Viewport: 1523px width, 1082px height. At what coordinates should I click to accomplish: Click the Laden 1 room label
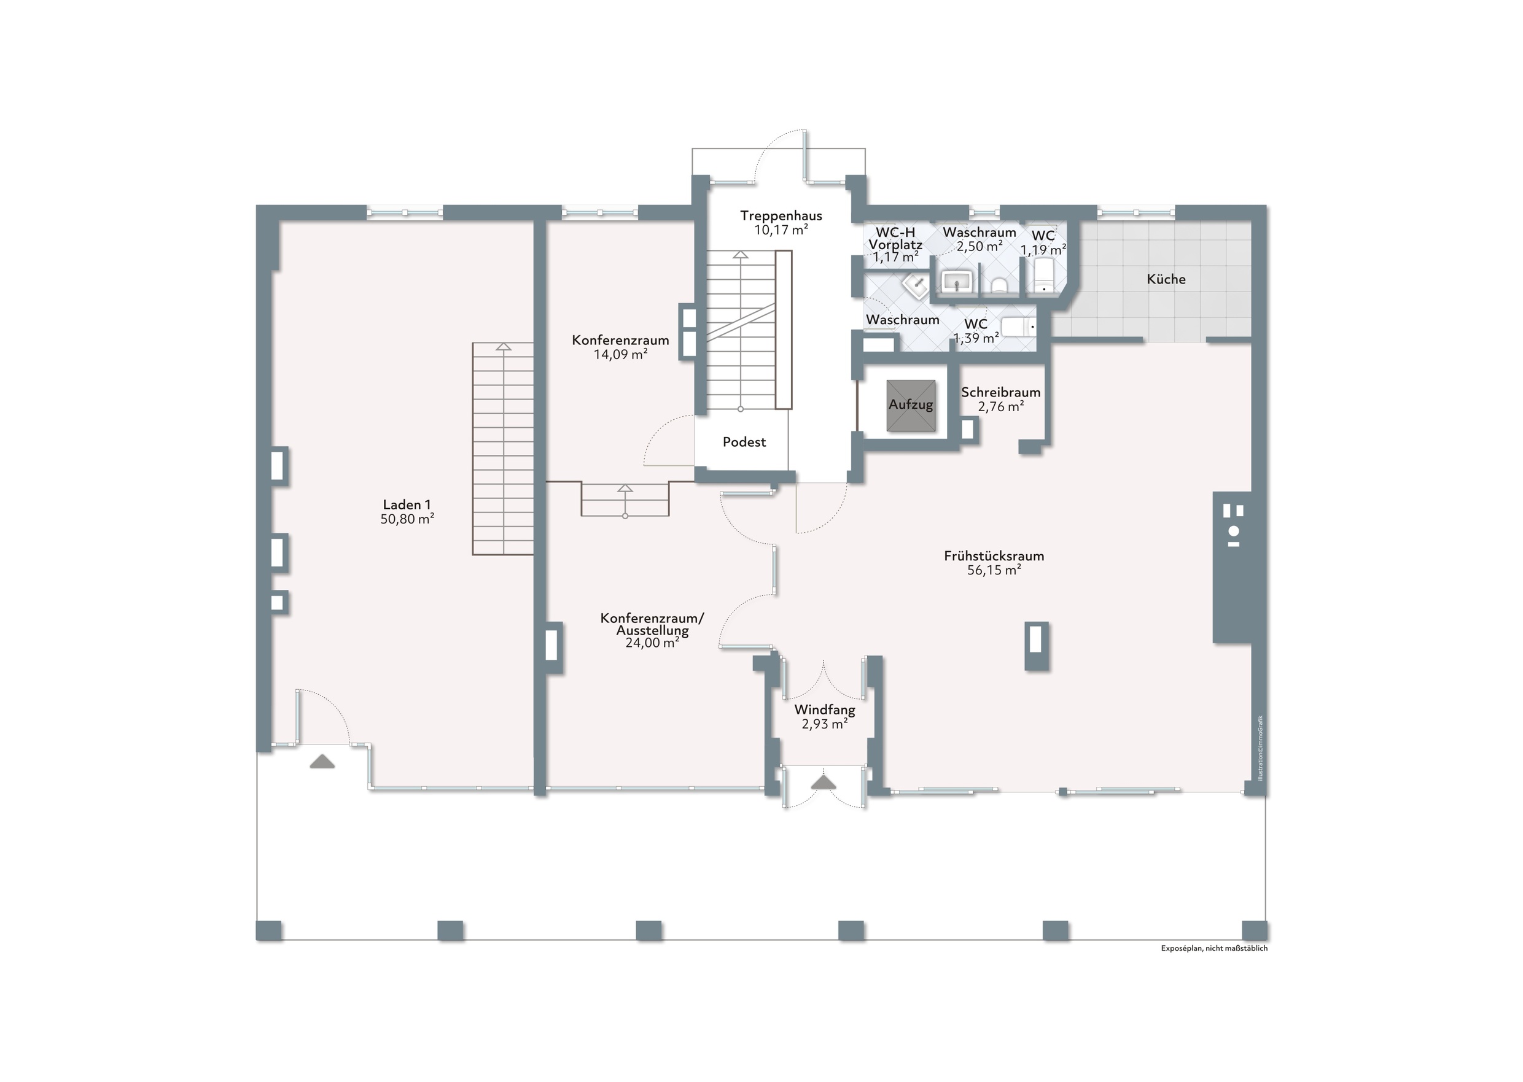point(407,504)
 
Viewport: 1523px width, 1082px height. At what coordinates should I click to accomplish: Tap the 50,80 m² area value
point(407,519)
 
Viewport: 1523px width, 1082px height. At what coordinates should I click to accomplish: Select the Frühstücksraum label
point(994,555)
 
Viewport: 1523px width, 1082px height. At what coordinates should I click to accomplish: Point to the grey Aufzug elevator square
point(911,405)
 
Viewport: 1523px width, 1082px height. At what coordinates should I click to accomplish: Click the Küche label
point(1166,279)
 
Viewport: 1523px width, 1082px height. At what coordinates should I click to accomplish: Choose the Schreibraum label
point(1000,392)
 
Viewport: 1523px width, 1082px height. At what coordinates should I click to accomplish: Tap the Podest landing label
point(744,442)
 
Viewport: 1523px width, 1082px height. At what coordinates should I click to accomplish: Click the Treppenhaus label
point(781,216)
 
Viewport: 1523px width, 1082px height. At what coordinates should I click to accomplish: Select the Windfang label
point(825,710)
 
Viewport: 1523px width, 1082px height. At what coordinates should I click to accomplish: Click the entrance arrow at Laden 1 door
point(322,761)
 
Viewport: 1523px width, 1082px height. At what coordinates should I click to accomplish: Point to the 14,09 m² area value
point(620,355)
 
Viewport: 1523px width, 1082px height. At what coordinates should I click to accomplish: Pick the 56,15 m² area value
point(994,570)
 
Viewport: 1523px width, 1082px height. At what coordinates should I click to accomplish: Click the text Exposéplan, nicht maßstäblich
point(1214,948)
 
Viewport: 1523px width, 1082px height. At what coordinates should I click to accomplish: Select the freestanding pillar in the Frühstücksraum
point(1036,646)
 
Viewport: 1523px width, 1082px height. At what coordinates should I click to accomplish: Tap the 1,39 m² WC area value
point(976,338)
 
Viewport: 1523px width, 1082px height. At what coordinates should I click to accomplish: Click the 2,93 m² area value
point(825,724)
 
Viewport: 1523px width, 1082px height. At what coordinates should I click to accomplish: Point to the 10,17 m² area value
point(781,231)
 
